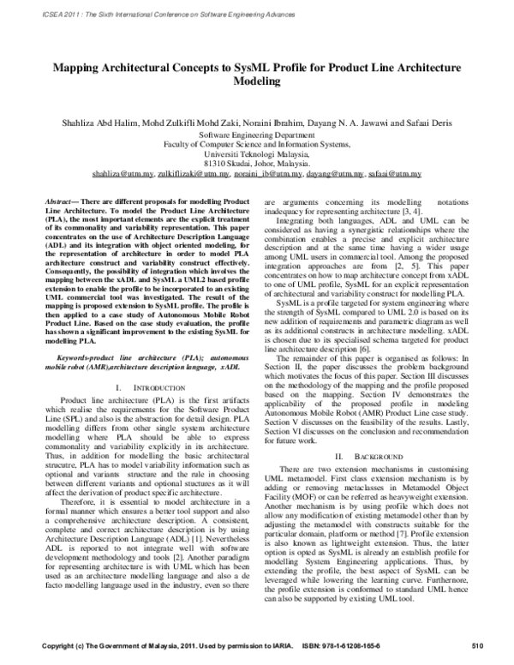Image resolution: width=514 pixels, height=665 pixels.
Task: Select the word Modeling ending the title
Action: click(x=256, y=83)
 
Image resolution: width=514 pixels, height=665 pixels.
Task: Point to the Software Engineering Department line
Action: click(x=256, y=135)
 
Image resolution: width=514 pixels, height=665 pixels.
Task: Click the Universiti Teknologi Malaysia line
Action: click(x=256, y=154)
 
